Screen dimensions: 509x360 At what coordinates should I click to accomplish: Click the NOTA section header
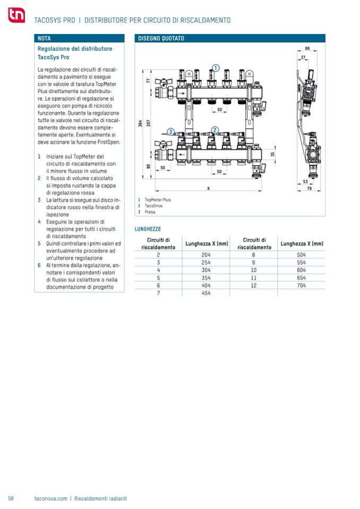tap(45, 39)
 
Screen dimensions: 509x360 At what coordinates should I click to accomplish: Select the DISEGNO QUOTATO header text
tap(161, 39)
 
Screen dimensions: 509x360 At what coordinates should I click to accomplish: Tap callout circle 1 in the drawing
tap(215, 67)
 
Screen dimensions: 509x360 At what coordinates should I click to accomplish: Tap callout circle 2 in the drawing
tap(215, 130)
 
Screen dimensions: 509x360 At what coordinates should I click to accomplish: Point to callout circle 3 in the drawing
tap(170, 132)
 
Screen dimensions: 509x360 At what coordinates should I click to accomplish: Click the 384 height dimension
tap(140, 124)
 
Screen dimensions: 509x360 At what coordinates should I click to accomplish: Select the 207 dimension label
tap(149, 122)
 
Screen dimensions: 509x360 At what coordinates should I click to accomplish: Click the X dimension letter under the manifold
tap(208, 188)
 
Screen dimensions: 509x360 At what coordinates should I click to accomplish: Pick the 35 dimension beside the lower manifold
tap(273, 154)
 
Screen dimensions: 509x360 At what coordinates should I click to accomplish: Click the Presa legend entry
tap(150, 212)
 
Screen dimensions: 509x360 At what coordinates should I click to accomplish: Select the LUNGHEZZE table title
tap(148, 229)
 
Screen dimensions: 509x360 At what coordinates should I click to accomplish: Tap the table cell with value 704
tap(302, 284)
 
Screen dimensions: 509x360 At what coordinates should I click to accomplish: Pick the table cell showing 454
tap(207, 292)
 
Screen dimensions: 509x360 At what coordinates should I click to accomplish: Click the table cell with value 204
tap(207, 254)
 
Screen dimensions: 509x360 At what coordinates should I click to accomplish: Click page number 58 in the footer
tap(11, 498)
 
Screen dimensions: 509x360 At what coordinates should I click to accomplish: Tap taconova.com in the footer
tap(50, 498)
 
